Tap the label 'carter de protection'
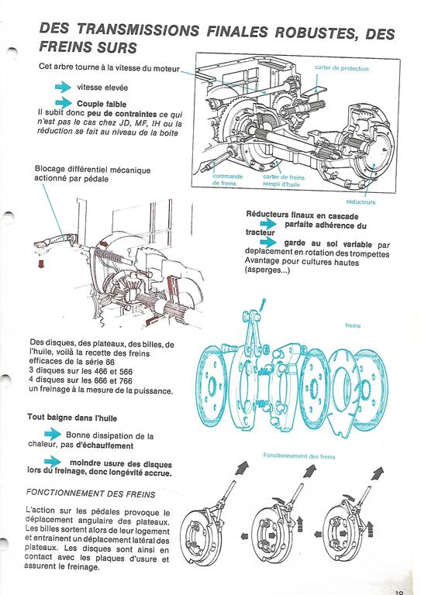click(x=341, y=68)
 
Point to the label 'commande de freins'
click(x=227, y=180)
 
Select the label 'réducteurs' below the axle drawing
click(x=361, y=202)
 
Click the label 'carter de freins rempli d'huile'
click(x=284, y=181)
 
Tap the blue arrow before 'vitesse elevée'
click(x=63, y=88)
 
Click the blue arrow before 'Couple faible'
click(x=63, y=103)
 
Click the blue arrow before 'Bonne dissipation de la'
click(x=53, y=434)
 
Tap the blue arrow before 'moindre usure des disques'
click(x=53, y=462)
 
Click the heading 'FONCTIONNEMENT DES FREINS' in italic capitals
click(x=91, y=494)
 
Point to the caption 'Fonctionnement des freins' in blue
click(x=299, y=456)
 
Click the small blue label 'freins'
click(x=353, y=325)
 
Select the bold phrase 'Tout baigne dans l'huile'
click(x=72, y=418)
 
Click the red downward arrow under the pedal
click(x=41, y=263)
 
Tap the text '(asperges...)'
click(x=267, y=270)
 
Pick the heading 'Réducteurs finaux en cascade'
click(x=302, y=215)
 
